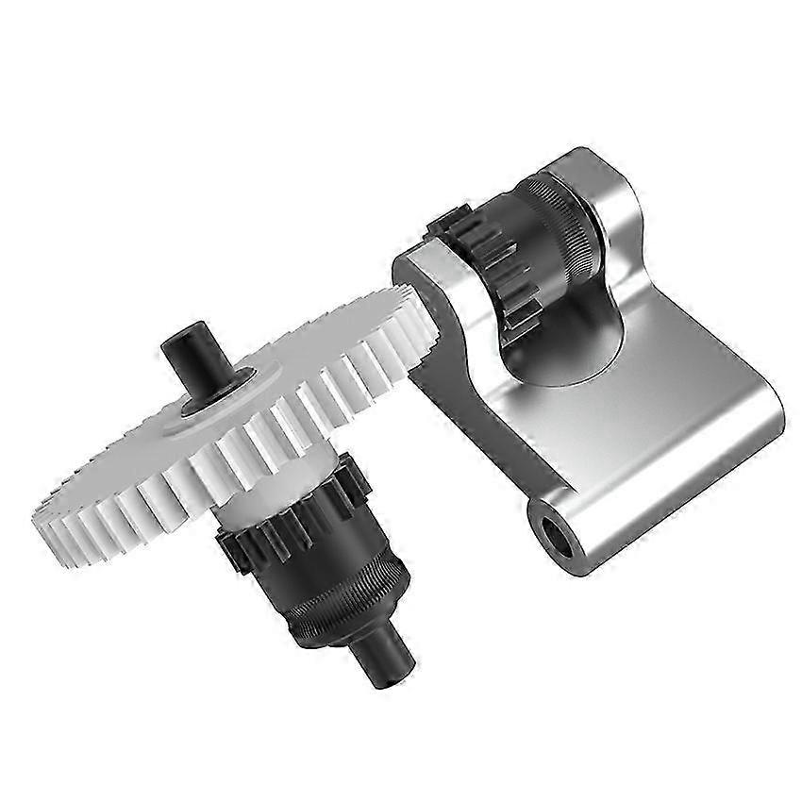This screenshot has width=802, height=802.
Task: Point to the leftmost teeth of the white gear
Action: point(47,514)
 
